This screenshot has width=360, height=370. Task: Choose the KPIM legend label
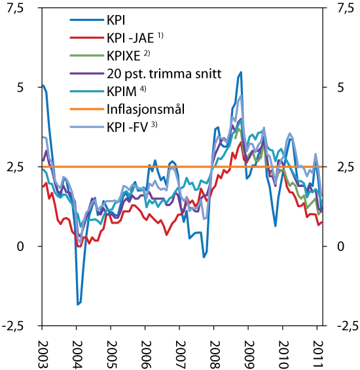tap(123, 90)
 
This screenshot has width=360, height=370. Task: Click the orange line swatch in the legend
tap(83, 106)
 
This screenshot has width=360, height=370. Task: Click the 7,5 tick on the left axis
tap(20, 8)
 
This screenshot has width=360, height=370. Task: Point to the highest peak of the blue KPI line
tap(242, 72)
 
